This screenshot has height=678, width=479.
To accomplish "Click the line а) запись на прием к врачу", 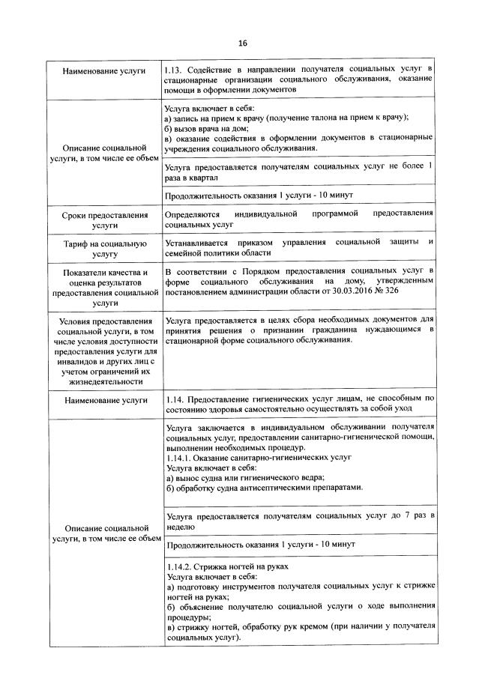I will pos(285,118).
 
